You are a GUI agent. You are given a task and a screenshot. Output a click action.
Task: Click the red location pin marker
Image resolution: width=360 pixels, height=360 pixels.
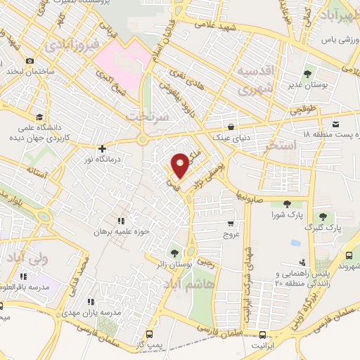tap(180, 165)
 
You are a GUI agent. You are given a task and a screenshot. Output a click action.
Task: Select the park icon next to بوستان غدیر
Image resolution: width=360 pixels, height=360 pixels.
tap(309, 73)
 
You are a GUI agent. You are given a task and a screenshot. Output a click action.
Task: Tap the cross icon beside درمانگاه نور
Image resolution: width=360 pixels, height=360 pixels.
tap(103, 149)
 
